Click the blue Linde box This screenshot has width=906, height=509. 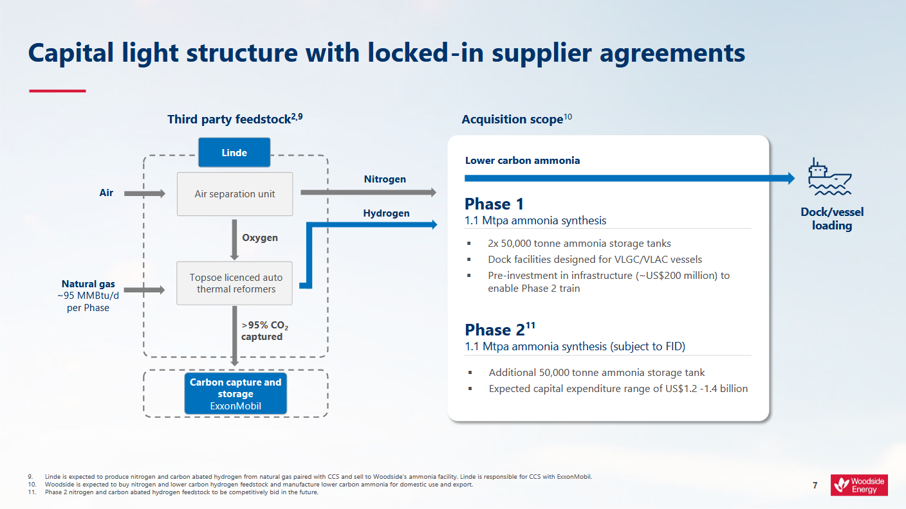point(234,153)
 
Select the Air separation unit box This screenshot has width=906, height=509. point(235,194)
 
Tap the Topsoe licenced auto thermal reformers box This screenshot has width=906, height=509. point(235,283)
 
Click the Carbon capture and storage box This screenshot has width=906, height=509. point(235,393)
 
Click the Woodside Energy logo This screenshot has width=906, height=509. point(859,485)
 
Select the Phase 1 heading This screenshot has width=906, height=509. point(494,204)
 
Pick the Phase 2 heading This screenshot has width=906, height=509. point(495,330)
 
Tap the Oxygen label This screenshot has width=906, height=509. point(260,238)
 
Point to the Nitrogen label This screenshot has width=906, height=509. point(385,179)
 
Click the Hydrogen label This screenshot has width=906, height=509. point(386,213)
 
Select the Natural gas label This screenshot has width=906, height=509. point(88,284)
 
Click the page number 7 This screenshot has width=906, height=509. point(815,485)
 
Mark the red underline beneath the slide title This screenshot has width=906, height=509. point(57,91)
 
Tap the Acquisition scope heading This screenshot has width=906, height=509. point(513,120)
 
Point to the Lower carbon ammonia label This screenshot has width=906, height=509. point(522,161)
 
